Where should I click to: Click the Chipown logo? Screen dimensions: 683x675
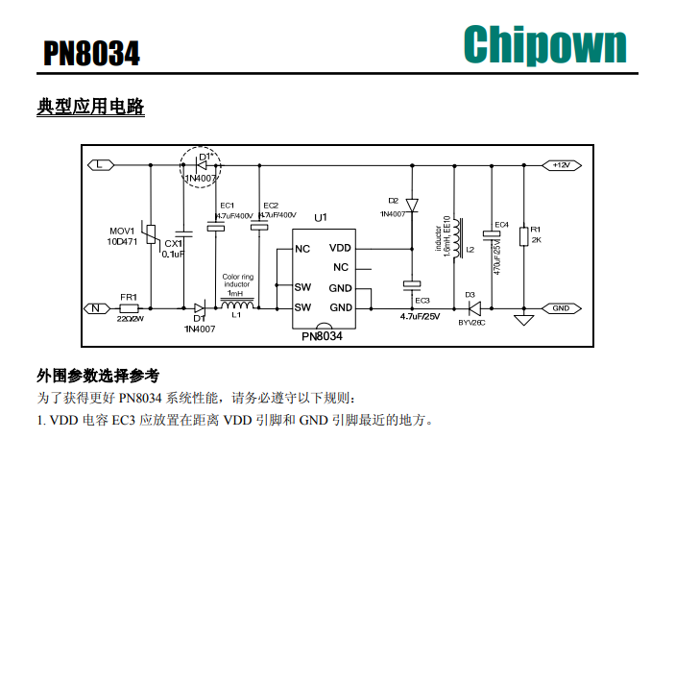click(x=544, y=44)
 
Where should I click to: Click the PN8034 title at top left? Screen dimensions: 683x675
click(x=91, y=53)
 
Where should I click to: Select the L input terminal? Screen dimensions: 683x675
click(x=102, y=165)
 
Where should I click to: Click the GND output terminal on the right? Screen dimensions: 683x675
click(x=561, y=308)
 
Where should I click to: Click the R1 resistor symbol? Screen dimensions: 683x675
click(x=523, y=235)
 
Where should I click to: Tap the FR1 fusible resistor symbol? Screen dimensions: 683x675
click(x=130, y=307)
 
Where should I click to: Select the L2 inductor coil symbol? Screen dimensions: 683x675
click(x=457, y=235)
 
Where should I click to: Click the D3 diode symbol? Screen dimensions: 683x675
click(x=472, y=308)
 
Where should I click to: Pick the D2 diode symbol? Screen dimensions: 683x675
click(x=411, y=205)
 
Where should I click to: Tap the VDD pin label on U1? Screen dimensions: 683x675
click(x=341, y=248)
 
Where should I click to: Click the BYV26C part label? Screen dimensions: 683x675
click(x=471, y=324)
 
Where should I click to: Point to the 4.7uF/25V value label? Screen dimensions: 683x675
click(x=421, y=316)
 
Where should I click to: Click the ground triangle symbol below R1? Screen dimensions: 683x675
click(x=523, y=319)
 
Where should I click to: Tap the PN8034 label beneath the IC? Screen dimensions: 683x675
click(x=322, y=337)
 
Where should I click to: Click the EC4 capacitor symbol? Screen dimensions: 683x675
click(x=493, y=234)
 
